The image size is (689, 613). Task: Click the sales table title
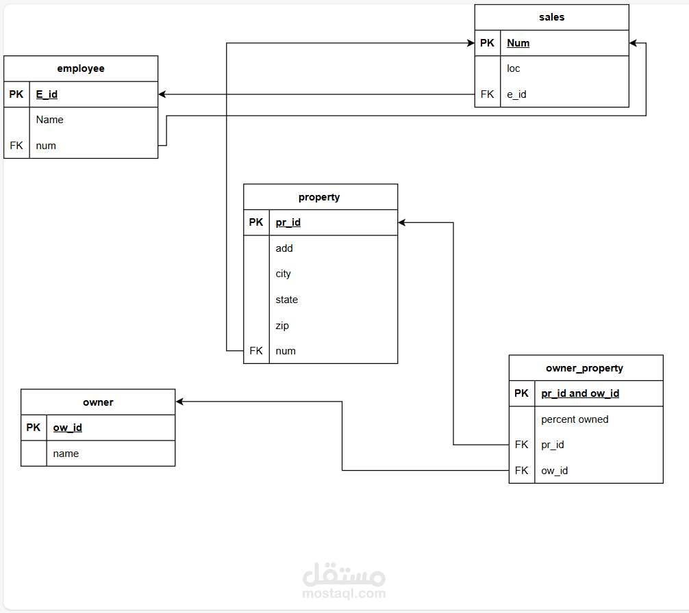(551, 17)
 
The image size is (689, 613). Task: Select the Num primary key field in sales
(518, 43)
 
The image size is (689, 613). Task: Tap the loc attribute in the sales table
(514, 68)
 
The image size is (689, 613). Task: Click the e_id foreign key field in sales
(516, 94)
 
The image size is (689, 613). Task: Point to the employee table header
(81, 68)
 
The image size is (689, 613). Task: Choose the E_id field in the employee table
(47, 94)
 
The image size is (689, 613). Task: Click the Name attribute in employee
(50, 120)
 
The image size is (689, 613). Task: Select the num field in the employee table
(46, 146)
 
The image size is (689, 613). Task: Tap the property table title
(319, 197)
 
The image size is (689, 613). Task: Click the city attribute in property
(284, 274)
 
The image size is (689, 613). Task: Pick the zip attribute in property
(282, 326)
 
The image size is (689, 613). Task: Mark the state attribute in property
(287, 300)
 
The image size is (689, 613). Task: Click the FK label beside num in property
(256, 351)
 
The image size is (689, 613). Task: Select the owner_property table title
(584, 368)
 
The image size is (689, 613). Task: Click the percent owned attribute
(575, 419)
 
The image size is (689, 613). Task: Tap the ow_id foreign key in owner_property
(555, 471)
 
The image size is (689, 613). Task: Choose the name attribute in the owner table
(66, 454)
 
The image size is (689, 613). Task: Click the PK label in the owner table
(34, 428)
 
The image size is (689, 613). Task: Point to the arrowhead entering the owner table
(179, 402)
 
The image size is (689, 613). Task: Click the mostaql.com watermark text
(343, 594)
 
